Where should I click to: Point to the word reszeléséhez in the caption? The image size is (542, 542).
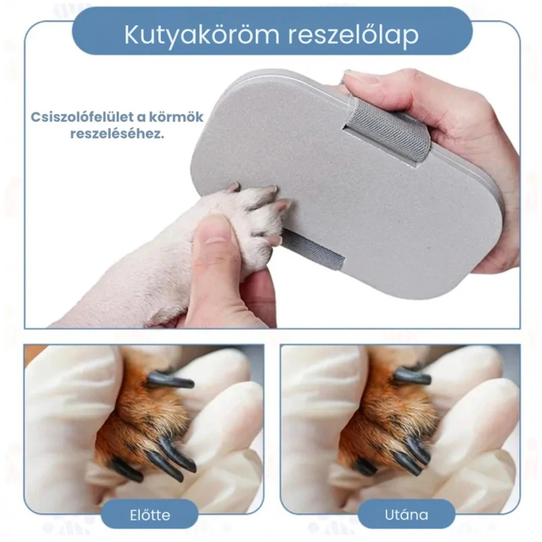(x=117, y=134)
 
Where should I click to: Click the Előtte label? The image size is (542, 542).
(x=150, y=515)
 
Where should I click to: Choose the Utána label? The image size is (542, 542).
(x=406, y=515)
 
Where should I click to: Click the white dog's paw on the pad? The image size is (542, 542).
(x=252, y=221)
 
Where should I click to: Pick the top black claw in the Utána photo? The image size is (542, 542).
(x=414, y=377)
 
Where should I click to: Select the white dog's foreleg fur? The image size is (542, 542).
(x=139, y=276)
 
